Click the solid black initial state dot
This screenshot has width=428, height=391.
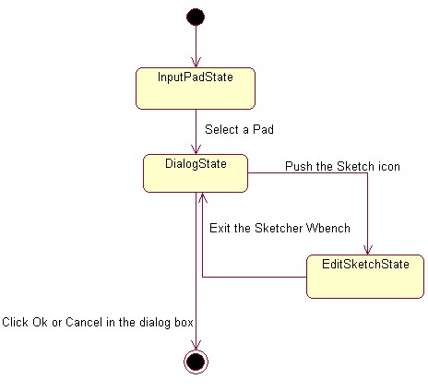pyautogui.click(x=196, y=17)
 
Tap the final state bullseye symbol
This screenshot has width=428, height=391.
pyautogui.click(x=196, y=361)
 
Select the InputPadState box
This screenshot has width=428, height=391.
pyautogui.click(x=196, y=89)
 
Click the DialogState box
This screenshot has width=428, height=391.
pyautogui.click(x=196, y=173)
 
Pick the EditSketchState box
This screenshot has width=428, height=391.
pyautogui.click(x=365, y=277)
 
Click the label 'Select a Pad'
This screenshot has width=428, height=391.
pyautogui.click(x=239, y=129)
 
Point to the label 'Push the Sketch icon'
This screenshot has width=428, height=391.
pyautogui.click(x=342, y=166)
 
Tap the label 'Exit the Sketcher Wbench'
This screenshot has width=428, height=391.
pyautogui.click(x=279, y=228)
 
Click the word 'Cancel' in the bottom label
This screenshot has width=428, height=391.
pyautogui.click(x=84, y=322)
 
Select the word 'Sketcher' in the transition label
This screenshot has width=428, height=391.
pyautogui.click(x=279, y=228)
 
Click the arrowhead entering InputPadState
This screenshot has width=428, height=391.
pyautogui.click(x=196, y=63)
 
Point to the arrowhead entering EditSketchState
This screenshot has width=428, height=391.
pyautogui.click(x=367, y=250)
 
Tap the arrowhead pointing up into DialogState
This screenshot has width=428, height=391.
pyautogui.click(x=202, y=198)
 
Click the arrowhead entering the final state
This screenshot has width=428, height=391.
pyautogui.click(x=196, y=345)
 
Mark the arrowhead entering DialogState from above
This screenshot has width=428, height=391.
pyautogui.click(x=196, y=149)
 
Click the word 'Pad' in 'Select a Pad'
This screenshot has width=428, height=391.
pyautogui.click(x=263, y=129)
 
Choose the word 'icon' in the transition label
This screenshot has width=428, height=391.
pyautogui.click(x=389, y=166)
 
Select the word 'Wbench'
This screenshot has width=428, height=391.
pyautogui.click(x=328, y=228)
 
